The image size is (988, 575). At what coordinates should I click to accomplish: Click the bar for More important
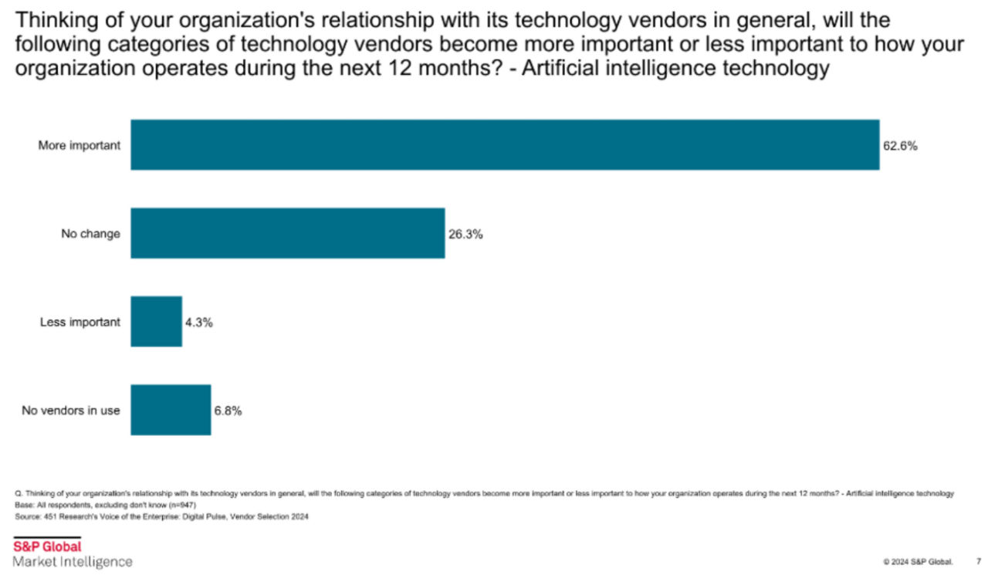tap(505, 144)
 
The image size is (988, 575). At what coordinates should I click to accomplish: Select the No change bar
tap(287, 233)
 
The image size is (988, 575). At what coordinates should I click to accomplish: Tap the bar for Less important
tap(156, 322)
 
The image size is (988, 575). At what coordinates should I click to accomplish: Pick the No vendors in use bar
tap(171, 410)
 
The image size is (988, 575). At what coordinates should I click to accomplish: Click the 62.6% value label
tap(900, 145)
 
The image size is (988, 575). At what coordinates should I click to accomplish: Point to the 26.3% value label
tap(465, 234)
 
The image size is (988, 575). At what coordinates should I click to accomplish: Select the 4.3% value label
tap(198, 323)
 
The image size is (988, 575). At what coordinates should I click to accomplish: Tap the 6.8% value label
tap(228, 411)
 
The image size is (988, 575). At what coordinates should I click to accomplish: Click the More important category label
tap(79, 145)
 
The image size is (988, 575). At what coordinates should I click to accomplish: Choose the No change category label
tap(90, 234)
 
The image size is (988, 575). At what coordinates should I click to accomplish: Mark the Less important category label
tap(80, 323)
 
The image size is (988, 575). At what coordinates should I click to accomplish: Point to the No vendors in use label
tap(70, 411)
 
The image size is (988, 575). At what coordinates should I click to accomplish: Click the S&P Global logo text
tap(46, 547)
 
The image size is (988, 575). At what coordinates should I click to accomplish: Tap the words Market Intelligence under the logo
tap(72, 562)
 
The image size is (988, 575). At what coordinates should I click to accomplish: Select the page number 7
tap(979, 561)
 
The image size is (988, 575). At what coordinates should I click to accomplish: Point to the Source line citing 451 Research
tap(161, 517)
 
